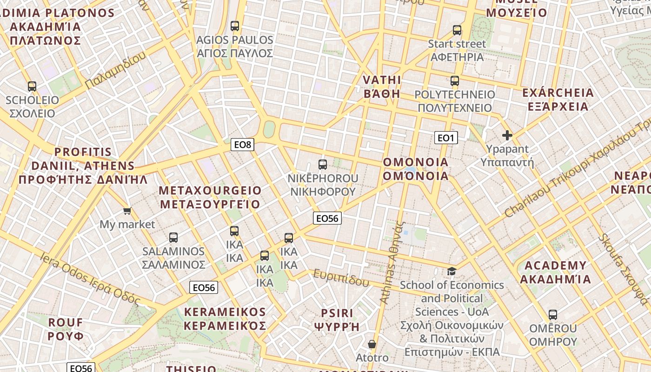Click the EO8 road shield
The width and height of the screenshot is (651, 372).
click(242, 145)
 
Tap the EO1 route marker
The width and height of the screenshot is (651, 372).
click(445, 138)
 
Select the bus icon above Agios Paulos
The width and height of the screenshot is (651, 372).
click(235, 26)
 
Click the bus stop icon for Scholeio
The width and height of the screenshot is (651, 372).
click(32, 86)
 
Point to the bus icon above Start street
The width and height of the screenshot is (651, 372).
click(457, 30)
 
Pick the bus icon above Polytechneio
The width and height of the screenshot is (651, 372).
click(455, 81)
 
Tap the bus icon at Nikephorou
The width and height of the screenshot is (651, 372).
click(323, 164)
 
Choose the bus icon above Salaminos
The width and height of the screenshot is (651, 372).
click(173, 237)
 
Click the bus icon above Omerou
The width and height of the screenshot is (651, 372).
click(553, 315)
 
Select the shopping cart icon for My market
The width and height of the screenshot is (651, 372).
click(127, 211)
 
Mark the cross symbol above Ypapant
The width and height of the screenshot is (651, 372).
click(507, 135)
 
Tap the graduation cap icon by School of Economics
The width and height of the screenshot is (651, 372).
click(452, 271)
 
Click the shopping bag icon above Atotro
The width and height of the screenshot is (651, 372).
click(372, 344)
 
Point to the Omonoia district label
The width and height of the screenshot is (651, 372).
click(416, 169)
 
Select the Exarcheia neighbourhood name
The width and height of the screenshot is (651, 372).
click(558, 100)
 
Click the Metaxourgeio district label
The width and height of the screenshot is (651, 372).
click(210, 197)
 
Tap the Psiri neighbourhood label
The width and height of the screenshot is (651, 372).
click(337, 319)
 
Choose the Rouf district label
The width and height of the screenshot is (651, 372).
click(66, 329)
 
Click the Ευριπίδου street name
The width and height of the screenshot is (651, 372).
click(341, 278)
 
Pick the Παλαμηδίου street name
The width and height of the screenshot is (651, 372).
click(115, 70)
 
